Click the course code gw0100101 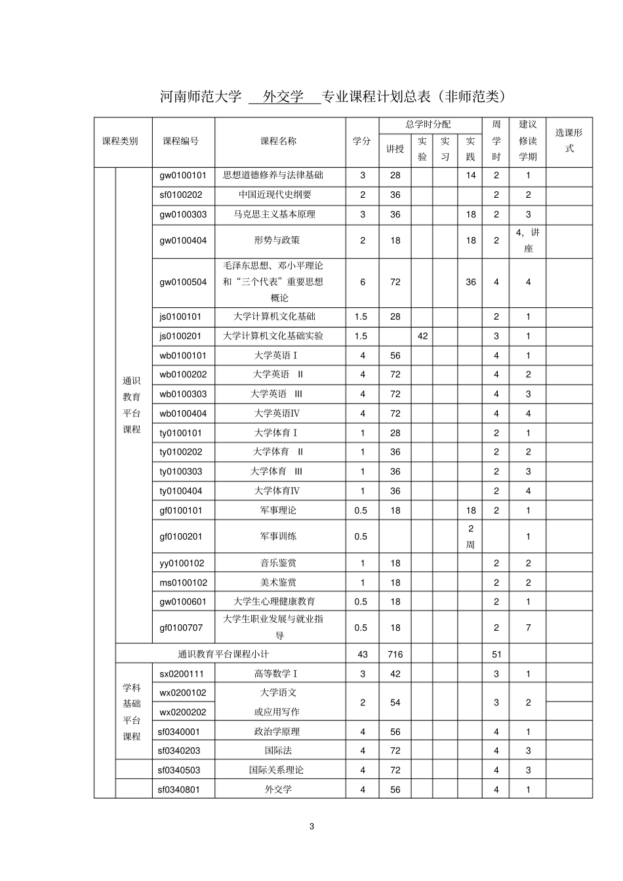click(183, 176)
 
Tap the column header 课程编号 click(181, 141)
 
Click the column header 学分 click(362, 141)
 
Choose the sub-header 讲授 click(395, 149)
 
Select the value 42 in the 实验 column click(422, 336)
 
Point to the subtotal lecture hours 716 click(395, 654)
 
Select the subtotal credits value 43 click(363, 654)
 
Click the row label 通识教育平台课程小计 click(224, 654)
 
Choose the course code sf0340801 click(178, 790)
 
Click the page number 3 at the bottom click(311, 827)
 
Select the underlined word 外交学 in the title click(283, 97)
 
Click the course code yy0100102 click(182, 563)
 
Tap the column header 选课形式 click(569, 141)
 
